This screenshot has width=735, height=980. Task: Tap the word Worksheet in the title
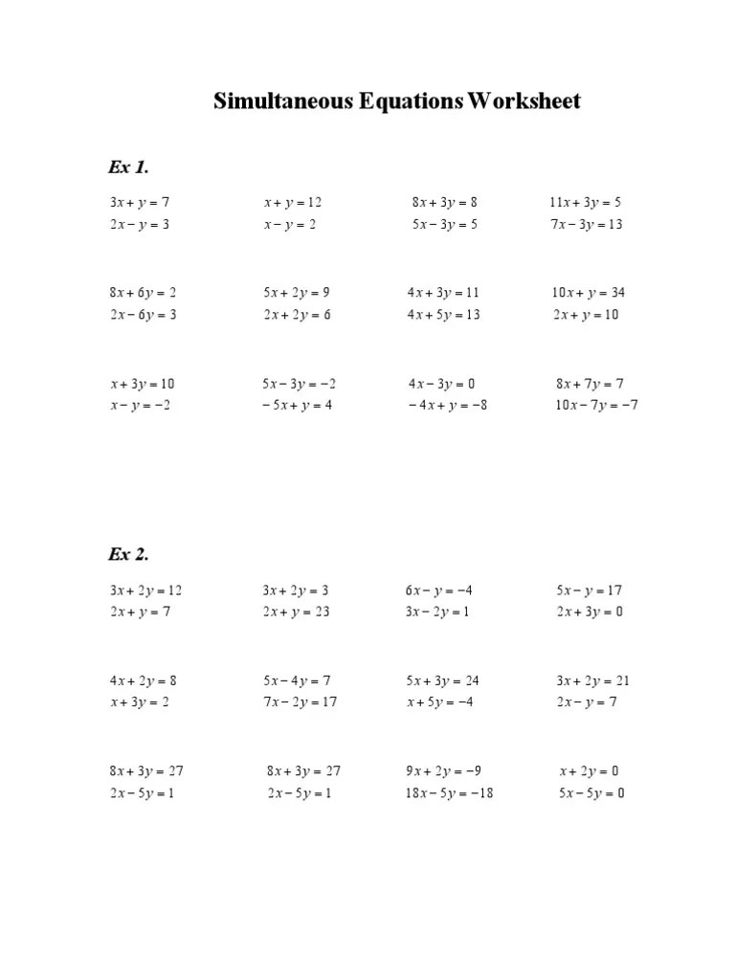523,100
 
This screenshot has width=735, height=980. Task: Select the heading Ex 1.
128,167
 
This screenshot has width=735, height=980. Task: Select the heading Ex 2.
128,554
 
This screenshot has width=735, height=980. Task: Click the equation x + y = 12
293,202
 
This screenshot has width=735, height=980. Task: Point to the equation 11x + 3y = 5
585,202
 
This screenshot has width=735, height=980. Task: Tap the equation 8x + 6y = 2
143,292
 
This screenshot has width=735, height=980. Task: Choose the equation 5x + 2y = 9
296,292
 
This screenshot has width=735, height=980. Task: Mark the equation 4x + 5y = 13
443,314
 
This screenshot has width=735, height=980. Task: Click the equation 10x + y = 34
588,292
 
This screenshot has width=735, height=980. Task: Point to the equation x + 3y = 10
143,384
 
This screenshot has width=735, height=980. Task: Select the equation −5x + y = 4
296,405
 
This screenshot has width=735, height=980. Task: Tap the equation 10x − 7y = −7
596,405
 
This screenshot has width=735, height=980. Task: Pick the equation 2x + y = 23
296,612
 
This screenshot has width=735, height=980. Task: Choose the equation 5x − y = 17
589,590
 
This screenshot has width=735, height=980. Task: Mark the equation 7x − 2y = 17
300,702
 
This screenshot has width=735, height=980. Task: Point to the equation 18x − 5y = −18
449,793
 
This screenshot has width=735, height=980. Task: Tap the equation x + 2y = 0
589,770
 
